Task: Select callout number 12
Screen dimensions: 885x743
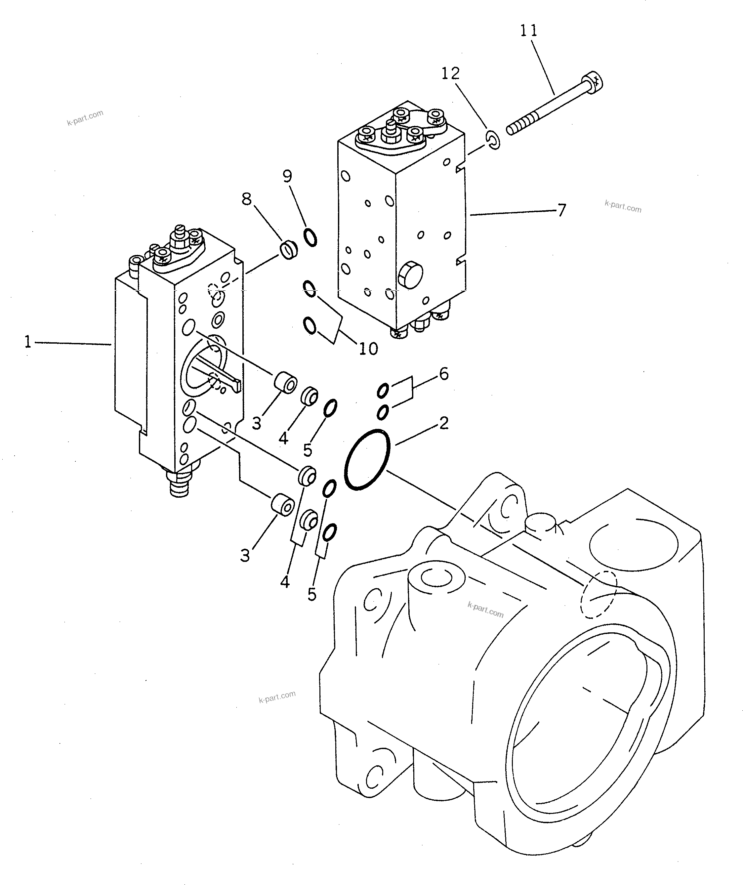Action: pyautogui.click(x=450, y=73)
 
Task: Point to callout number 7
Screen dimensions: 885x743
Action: pyautogui.click(x=561, y=210)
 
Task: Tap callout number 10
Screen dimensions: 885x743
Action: pyautogui.click(x=368, y=348)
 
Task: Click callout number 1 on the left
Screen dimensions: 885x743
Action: pyautogui.click(x=28, y=341)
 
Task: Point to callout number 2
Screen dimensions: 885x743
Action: pyautogui.click(x=443, y=423)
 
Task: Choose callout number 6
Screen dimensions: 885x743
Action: pyautogui.click(x=443, y=374)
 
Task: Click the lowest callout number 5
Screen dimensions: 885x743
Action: pyautogui.click(x=311, y=595)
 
